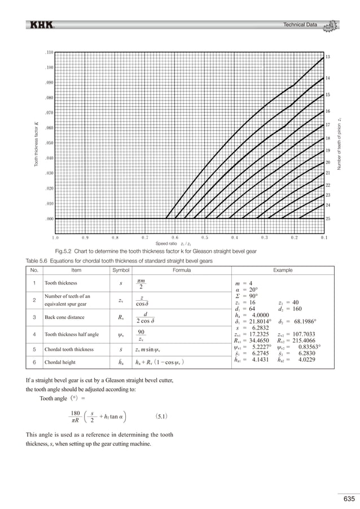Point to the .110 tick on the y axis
click(x=49, y=52)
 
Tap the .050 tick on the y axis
click(x=49, y=143)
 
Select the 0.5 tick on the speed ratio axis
click(x=204, y=238)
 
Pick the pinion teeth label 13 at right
click(x=328, y=58)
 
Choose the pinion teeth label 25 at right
click(x=328, y=218)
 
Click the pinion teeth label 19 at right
click(x=328, y=151)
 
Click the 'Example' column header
click(x=282, y=270)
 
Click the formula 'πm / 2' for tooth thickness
click(x=142, y=284)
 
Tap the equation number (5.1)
click(x=160, y=418)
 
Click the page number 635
click(x=348, y=498)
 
